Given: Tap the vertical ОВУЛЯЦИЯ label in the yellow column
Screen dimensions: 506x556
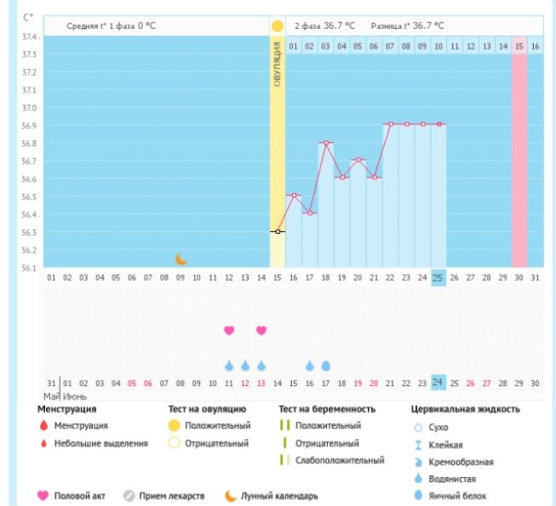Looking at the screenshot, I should (278, 69).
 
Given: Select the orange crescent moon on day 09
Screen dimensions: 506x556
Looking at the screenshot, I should (181, 259).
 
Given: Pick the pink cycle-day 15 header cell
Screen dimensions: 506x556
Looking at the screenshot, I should (519, 45).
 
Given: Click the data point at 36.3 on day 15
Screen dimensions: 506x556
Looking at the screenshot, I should (278, 231).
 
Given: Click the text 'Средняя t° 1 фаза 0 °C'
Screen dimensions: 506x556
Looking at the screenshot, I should (111, 26).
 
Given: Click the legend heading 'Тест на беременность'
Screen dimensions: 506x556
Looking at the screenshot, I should (327, 410).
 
